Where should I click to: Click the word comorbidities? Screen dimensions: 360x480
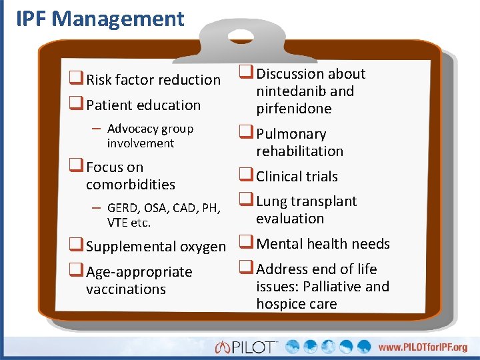130,184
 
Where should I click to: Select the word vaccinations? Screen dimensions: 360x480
125,289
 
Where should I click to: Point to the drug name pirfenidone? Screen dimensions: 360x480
294,108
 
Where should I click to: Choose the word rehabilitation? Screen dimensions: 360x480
299,151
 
